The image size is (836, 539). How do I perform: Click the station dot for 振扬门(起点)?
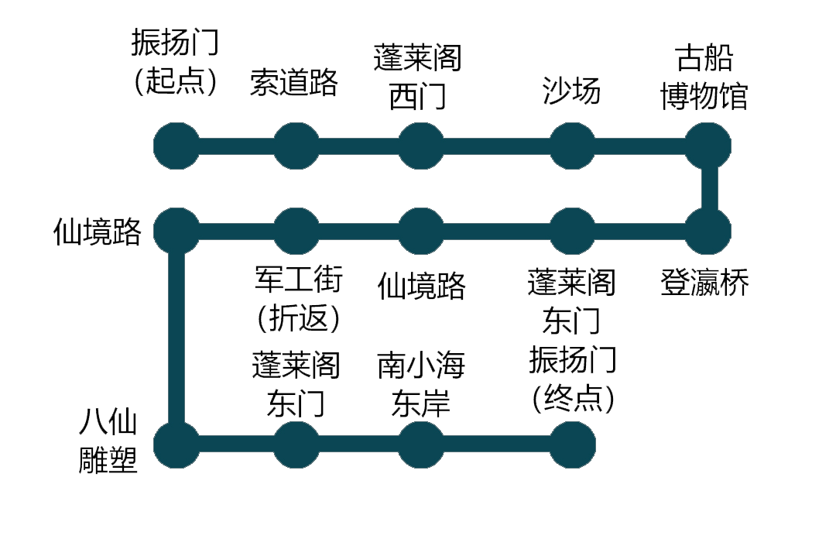click(x=176, y=146)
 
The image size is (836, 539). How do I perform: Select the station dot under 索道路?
click(x=296, y=146)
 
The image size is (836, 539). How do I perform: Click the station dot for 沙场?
click(x=573, y=146)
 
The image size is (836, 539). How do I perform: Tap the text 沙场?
click(x=572, y=92)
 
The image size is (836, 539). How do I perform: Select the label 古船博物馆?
click(x=704, y=77)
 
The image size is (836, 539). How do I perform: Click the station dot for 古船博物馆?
click(x=708, y=146)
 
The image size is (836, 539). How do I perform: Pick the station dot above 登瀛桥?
click(x=708, y=231)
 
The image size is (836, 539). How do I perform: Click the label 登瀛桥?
click(x=704, y=283)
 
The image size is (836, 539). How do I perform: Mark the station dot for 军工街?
click(x=296, y=231)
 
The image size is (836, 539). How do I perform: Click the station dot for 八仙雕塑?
click(x=176, y=445)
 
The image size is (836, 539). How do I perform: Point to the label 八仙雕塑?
click(x=109, y=443)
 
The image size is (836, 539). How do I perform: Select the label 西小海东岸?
click(x=421, y=385)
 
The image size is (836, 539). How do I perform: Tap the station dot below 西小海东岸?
click(x=421, y=445)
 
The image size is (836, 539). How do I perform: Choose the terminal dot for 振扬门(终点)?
click(x=573, y=445)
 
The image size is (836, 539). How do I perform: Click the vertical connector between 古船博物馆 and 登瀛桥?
click(x=708, y=188)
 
